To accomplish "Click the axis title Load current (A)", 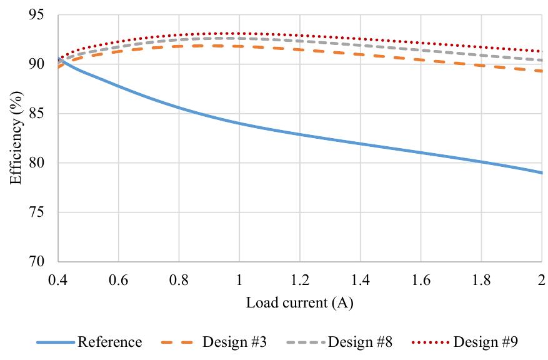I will coord(299,303).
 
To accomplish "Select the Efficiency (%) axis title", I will coord(17,137).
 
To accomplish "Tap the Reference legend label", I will coord(109,342).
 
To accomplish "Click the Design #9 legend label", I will coord(486,342).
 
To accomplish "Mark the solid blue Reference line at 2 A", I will coord(541,172).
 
